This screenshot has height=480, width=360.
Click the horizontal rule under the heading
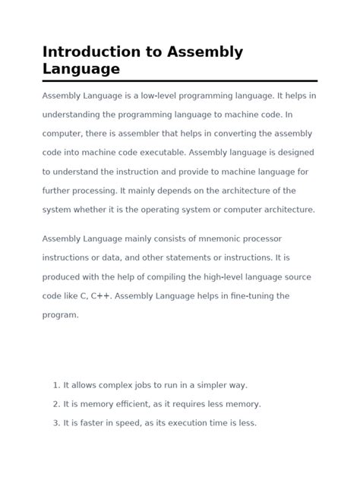(x=179, y=81)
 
